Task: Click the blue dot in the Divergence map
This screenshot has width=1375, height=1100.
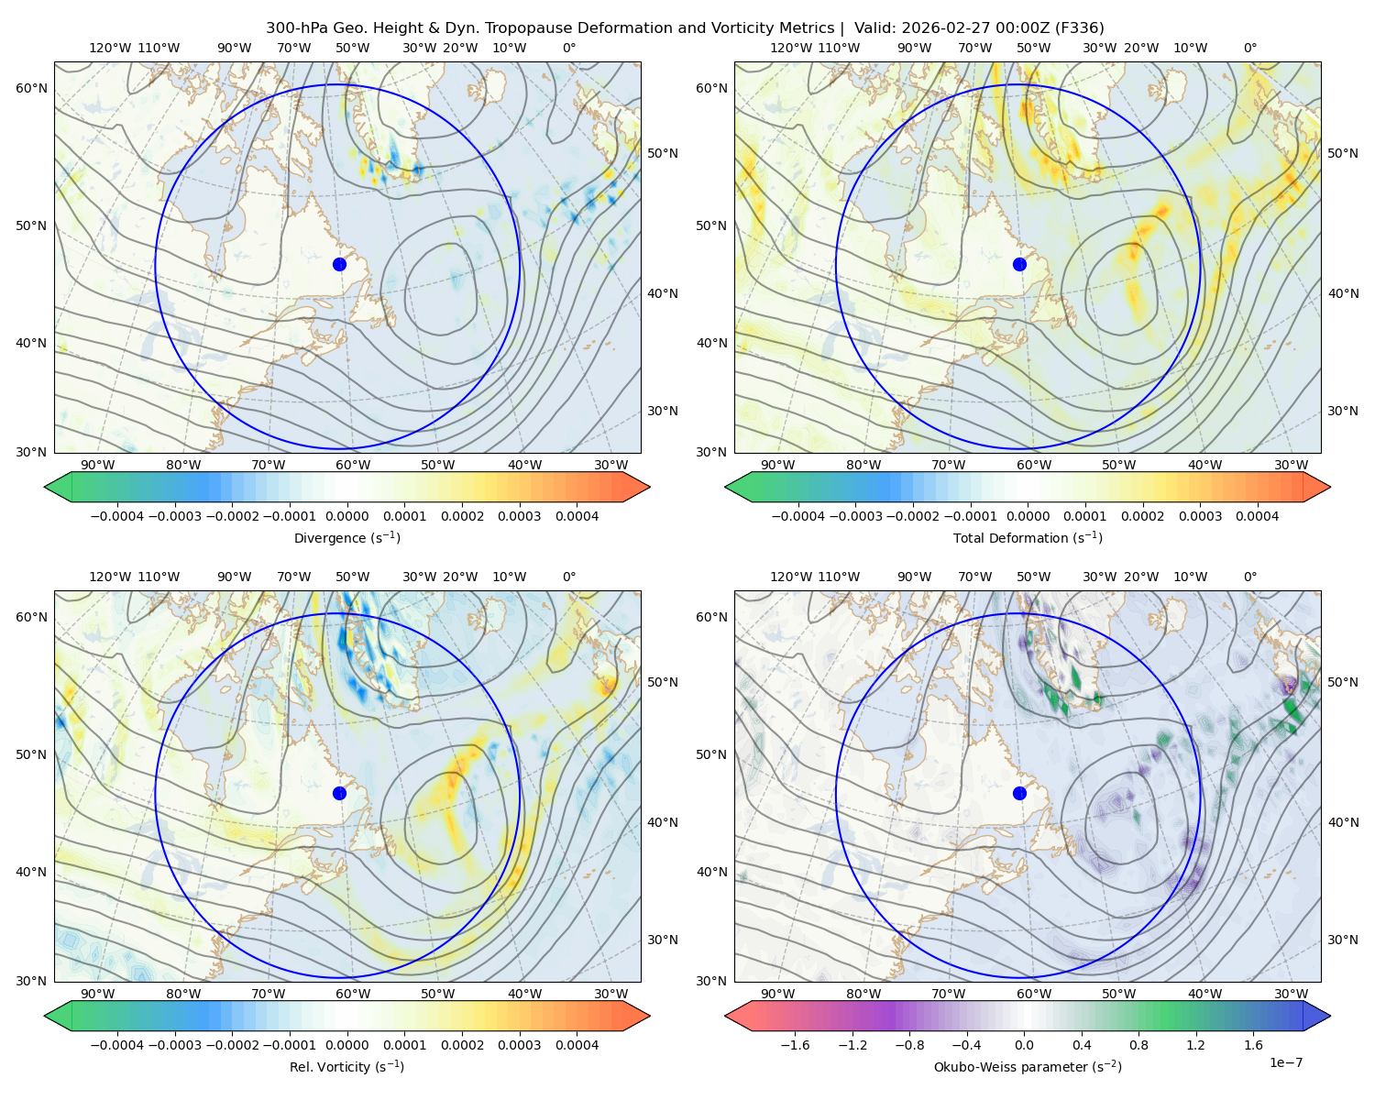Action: pyautogui.click(x=339, y=264)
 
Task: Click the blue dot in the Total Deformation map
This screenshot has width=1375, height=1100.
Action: pyautogui.click(x=1019, y=264)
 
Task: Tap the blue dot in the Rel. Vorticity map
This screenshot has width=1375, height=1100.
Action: pyautogui.click(x=339, y=793)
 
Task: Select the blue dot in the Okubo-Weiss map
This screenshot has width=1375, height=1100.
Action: pyautogui.click(x=1019, y=793)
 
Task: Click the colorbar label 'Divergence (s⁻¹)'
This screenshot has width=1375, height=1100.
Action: pyautogui.click(x=346, y=537)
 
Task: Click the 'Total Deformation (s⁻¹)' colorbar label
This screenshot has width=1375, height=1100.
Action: pyautogui.click(x=1028, y=537)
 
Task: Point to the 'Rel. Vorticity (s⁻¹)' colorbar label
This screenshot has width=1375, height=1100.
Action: pyautogui.click(x=346, y=1066)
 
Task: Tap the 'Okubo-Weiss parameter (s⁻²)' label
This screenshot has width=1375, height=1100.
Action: pyautogui.click(x=1028, y=1066)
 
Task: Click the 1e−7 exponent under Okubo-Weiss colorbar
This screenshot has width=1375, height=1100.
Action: pyautogui.click(x=1285, y=1062)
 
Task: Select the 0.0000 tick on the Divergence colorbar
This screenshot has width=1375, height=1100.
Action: pyautogui.click(x=346, y=516)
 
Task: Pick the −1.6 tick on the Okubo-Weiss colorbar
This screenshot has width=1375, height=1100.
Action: pyautogui.click(x=795, y=1044)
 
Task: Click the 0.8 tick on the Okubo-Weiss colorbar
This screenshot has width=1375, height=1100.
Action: pyautogui.click(x=1138, y=1044)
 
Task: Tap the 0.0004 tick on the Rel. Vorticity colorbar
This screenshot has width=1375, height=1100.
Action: pyautogui.click(x=577, y=1044)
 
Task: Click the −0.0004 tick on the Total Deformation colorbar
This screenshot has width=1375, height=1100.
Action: pyautogui.click(x=798, y=516)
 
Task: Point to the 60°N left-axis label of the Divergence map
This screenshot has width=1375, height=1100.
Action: pyautogui.click(x=31, y=88)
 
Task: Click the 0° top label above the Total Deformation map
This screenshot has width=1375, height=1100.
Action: pyautogui.click(x=1249, y=48)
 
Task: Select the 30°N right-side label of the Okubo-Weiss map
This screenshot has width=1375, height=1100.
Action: pyautogui.click(x=1342, y=939)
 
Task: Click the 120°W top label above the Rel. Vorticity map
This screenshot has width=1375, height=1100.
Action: pyautogui.click(x=110, y=577)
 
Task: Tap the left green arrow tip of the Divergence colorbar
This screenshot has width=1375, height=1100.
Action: pyautogui.click(x=45, y=487)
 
